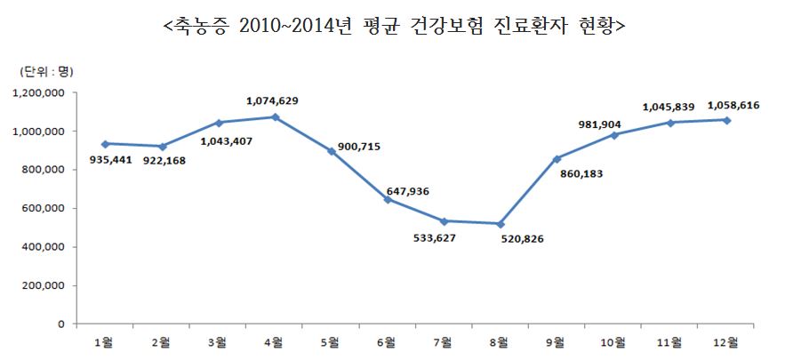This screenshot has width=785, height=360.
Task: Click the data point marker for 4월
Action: (x=276, y=116)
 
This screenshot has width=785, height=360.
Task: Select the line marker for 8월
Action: (x=501, y=224)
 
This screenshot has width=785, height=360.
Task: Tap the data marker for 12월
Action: (x=727, y=120)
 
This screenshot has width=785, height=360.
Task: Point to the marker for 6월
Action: (x=388, y=199)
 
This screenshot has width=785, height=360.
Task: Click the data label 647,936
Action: (x=408, y=189)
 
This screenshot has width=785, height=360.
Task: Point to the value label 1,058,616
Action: (x=733, y=105)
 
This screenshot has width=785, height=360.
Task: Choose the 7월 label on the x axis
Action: (x=445, y=341)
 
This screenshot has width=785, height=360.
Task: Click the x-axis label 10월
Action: (x=614, y=341)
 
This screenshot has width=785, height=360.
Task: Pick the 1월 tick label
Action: (x=106, y=341)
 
